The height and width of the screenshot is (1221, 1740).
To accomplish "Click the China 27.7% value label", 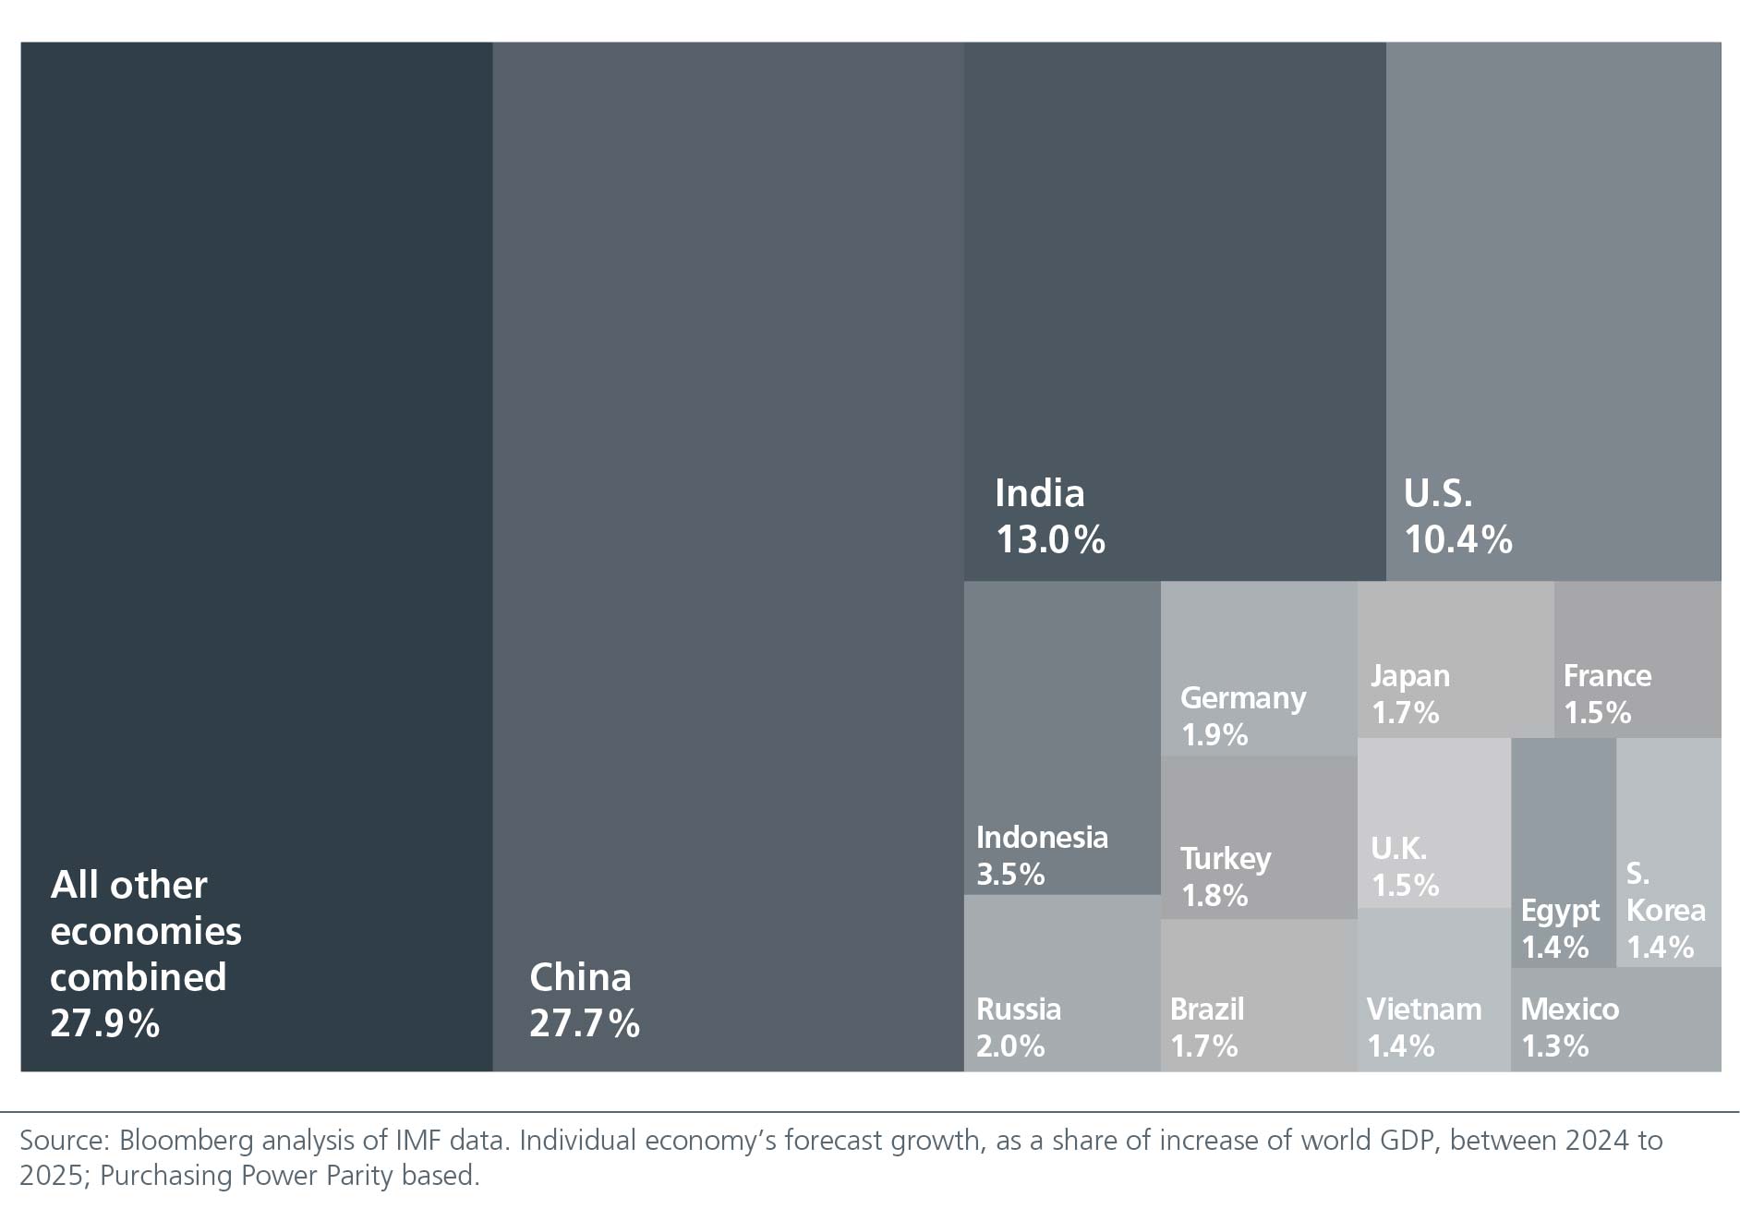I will coord(584,1023).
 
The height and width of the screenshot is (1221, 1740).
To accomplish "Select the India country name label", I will coord(1039,493).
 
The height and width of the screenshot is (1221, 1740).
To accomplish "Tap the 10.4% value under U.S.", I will coord(1457,539).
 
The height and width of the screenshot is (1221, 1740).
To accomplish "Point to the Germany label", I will coord(1242,698).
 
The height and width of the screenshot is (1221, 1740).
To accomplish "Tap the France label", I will coord(1607,676).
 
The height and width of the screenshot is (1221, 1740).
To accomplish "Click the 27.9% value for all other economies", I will coord(104,1023).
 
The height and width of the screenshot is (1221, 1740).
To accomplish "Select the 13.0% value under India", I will coord(1050,539).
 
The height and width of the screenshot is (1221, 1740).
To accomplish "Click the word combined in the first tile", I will coord(138,977).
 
